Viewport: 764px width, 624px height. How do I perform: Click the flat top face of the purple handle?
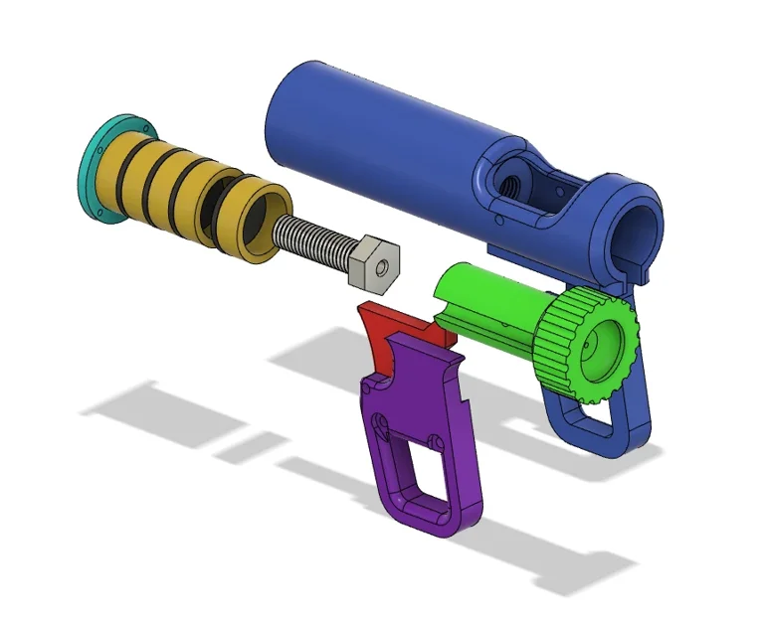418,343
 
